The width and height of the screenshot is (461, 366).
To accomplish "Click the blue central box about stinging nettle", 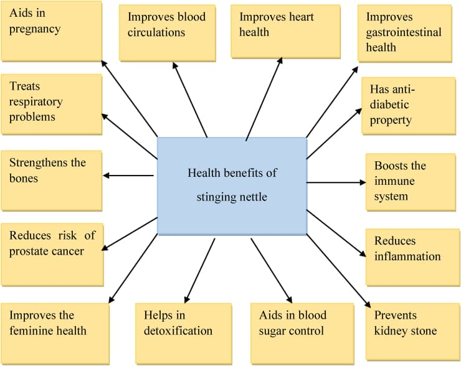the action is (x=232, y=186).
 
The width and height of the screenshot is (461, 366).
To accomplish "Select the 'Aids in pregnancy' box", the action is (x=52, y=31).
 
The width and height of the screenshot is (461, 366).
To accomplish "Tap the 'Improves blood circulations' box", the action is (x=168, y=33).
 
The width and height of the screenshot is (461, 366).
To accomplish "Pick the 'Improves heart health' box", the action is (x=285, y=31).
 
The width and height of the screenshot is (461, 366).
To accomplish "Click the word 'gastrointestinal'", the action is (x=404, y=32).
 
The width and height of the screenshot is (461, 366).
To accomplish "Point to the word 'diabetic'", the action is (x=389, y=105).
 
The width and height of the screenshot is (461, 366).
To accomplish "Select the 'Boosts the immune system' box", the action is (x=411, y=182).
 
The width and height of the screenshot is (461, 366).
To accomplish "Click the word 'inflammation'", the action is (x=407, y=256).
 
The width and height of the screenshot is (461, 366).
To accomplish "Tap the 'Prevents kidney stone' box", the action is (x=412, y=331).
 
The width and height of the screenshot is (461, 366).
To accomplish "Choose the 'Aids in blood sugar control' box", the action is (x=302, y=334).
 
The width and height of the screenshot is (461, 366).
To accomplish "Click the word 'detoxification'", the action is (x=178, y=331).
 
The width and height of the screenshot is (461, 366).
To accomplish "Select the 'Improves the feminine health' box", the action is (x=55, y=334).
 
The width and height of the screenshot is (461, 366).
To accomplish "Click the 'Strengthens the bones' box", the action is (x=52, y=181).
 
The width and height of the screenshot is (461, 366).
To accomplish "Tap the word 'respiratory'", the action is (x=36, y=102).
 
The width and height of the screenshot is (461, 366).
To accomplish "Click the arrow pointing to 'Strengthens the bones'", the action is (x=128, y=176).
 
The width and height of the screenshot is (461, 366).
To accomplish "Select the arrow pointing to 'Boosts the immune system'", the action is (x=336, y=182).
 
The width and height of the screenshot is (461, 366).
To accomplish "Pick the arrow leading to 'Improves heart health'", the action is (x=264, y=99).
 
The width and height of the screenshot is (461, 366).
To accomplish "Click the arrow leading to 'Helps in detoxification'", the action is (x=199, y=271).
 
